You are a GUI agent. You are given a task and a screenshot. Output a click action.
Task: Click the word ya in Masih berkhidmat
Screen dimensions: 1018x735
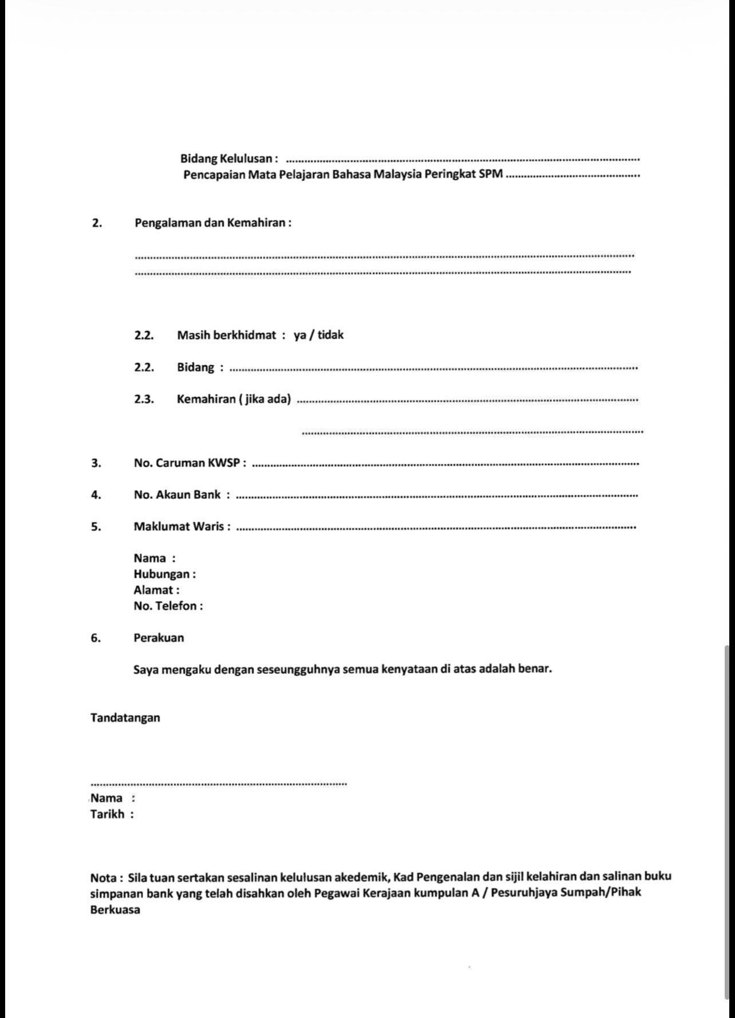tap(299, 336)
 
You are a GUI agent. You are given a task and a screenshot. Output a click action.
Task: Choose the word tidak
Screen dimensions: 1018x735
tap(331, 335)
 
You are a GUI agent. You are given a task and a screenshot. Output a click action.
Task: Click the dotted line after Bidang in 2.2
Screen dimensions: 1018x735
tap(433, 369)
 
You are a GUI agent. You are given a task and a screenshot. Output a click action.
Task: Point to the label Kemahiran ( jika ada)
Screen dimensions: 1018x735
tap(234, 399)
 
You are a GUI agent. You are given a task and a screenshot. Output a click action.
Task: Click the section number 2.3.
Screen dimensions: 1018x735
tap(144, 399)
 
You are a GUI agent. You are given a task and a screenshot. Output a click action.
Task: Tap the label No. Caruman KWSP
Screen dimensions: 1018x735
tap(189, 463)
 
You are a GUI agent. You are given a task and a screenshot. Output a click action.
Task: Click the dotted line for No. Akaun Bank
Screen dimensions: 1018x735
tap(436, 496)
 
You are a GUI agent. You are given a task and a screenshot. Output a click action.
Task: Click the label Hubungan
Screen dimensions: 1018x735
tap(164, 574)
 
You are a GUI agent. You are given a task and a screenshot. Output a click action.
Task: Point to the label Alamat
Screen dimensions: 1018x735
tap(156, 590)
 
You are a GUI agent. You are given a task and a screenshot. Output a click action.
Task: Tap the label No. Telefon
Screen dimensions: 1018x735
tap(168, 606)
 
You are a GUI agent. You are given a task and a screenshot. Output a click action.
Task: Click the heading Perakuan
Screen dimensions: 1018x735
tap(159, 638)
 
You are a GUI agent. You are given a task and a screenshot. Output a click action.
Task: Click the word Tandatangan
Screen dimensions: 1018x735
tap(125, 717)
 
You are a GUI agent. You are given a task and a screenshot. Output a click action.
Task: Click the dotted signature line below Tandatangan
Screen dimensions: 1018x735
tap(218, 784)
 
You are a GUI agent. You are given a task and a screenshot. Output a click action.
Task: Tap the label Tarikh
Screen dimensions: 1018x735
tap(107, 814)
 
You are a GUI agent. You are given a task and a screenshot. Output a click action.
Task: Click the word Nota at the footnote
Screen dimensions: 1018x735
tap(104, 877)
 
